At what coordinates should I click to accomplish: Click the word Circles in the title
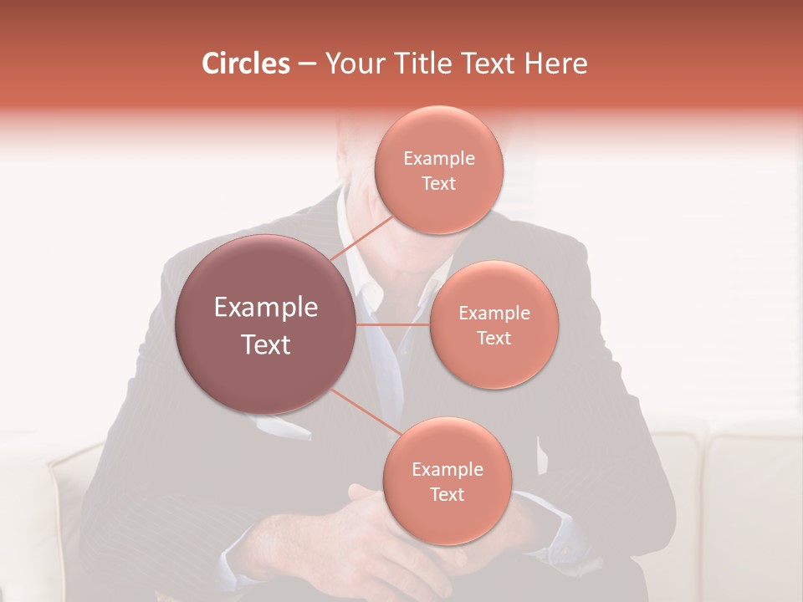pos(245,64)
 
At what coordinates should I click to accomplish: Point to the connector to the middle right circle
pos(393,324)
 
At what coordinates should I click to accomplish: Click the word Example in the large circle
pos(266,308)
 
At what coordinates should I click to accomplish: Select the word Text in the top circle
pos(438,184)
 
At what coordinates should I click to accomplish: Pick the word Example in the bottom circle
pos(447,470)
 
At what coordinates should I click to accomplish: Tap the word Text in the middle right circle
pos(494,338)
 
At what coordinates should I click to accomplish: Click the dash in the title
pos(307,64)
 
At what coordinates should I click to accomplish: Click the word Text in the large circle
pos(266,344)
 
